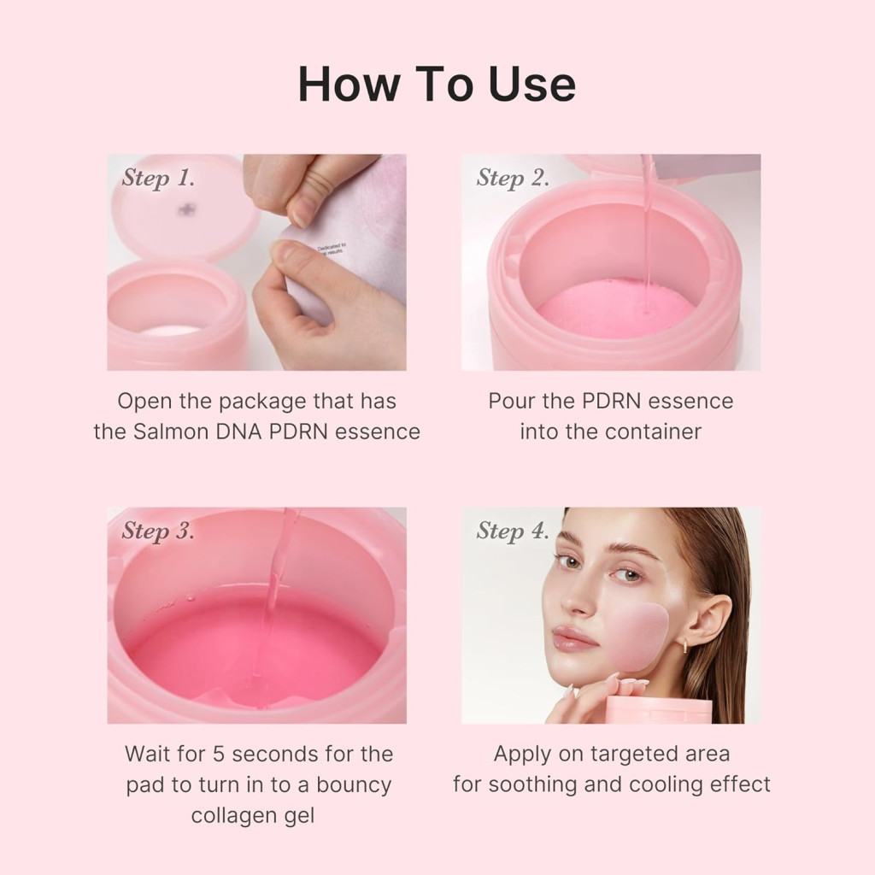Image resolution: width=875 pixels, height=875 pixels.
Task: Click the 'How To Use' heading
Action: pyautogui.click(x=437, y=84)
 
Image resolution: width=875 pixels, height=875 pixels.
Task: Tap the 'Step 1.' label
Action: pyautogui.click(x=158, y=178)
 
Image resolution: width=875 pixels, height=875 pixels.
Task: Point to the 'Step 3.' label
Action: pyautogui.click(x=158, y=531)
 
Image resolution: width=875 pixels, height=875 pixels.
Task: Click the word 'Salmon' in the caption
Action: pyautogui.click(x=169, y=432)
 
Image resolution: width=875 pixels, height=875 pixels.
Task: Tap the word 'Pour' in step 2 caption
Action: pyautogui.click(x=510, y=401)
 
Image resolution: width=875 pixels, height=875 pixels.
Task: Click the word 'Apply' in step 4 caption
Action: pyautogui.click(x=520, y=754)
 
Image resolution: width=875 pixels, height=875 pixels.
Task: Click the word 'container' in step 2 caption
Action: pyautogui.click(x=654, y=432)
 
